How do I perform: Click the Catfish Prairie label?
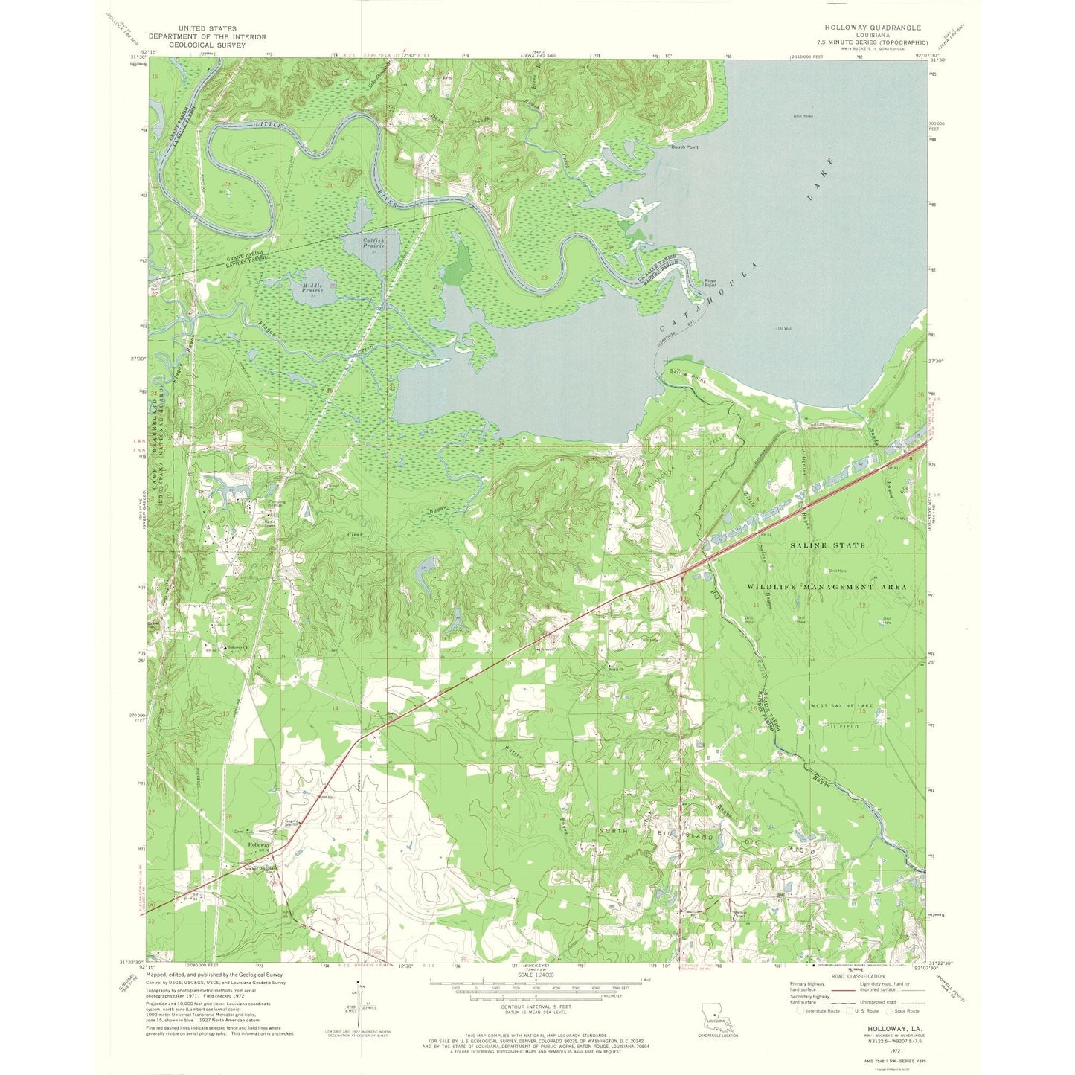coord(373,243)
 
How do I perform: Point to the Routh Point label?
coord(684,147)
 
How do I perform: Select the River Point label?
coord(710,283)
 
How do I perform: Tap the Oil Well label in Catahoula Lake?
coord(784,328)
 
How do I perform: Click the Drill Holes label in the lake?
coord(803,116)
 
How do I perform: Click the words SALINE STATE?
coord(827,545)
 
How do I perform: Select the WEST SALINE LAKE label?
coord(841,705)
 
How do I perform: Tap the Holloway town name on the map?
coord(259,846)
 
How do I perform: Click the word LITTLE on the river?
coord(268,124)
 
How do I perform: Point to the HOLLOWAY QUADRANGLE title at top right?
coord(867,28)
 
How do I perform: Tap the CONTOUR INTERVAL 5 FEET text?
coord(530,1006)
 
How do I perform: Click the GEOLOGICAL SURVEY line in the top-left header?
coord(207,45)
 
